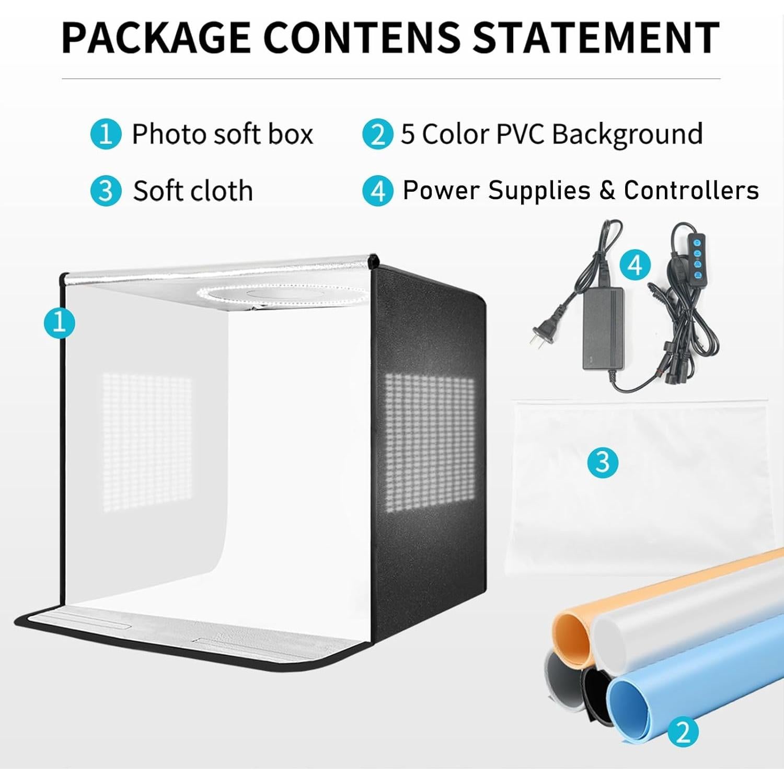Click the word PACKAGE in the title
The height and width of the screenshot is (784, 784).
(x=156, y=38)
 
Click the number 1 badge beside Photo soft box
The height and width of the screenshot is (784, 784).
(x=106, y=134)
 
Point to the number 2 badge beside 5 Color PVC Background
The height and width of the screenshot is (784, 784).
(x=377, y=134)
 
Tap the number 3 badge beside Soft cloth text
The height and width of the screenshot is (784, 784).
(x=106, y=191)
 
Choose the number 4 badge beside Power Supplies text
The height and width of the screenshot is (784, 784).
(x=377, y=191)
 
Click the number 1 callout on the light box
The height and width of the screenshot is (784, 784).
(x=59, y=322)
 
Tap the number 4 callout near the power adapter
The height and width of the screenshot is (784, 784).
(x=635, y=265)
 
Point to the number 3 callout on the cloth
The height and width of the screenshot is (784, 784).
(x=603, y=462)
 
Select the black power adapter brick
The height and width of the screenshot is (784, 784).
(x=603, y=329)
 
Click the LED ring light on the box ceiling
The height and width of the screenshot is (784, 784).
(x=282, y=296)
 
